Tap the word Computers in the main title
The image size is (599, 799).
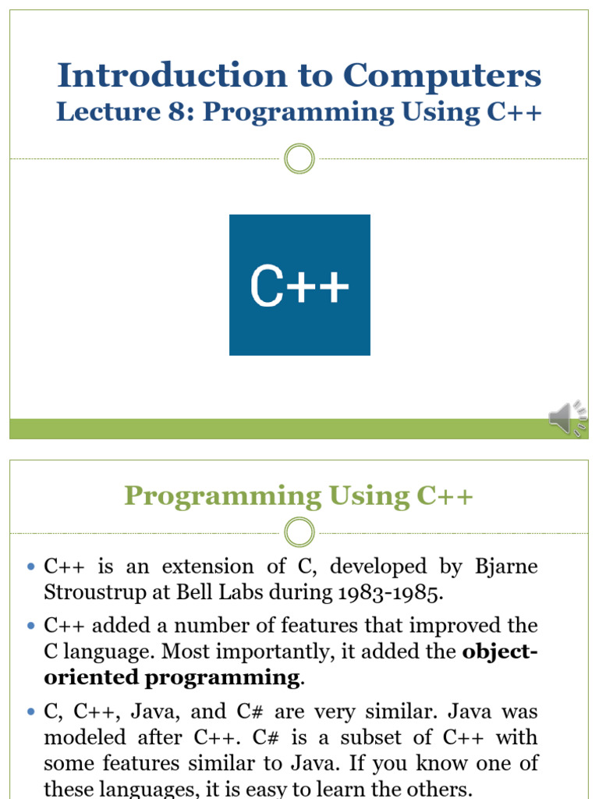(442, 76)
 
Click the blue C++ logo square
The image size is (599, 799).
(299, 285)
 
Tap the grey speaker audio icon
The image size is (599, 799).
(567, 418)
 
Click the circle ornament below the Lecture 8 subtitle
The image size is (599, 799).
(299, 159)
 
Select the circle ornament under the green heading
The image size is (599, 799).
(299, 534)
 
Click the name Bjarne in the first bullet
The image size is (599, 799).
(506, 566)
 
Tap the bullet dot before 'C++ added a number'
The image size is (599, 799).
(31, 627)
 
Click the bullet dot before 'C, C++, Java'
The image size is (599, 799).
(31, 712)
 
